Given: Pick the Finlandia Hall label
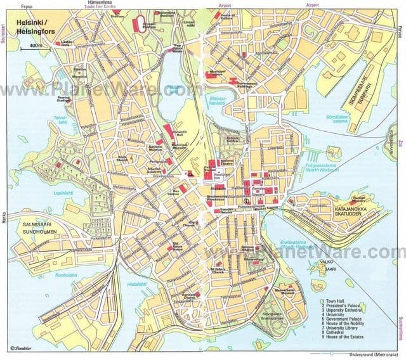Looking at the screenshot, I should [174, 136].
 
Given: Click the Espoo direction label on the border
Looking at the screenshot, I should [26, 4].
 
